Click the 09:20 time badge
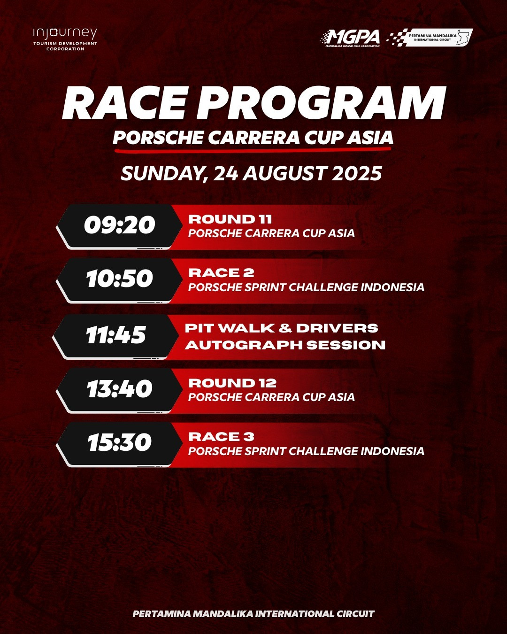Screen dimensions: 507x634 tap(119, 226)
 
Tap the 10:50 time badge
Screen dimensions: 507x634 tap(119, 280)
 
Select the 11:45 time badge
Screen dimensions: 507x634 tap(116, 336)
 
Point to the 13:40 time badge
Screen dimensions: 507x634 tap(119, 390)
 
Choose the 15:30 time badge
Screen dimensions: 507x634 tap(119, 444)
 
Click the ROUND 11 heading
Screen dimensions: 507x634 tap(230, 219)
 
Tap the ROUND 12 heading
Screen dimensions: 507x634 tap(232, 383)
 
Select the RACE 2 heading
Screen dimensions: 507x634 tap(221, 273)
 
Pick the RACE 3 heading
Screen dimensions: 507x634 tap(221, 437)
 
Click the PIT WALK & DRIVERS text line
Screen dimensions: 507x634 tap(282, 328)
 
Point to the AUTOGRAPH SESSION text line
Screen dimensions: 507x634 tap(285, 345)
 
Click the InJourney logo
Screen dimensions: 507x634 tap(65, 39)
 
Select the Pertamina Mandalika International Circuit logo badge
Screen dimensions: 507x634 tap(430, 38)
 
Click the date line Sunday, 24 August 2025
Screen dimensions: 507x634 tap(251, 173)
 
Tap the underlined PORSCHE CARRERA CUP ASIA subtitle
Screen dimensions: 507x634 tap(253, 138)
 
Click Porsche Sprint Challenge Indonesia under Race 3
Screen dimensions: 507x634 tap(307, 451)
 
